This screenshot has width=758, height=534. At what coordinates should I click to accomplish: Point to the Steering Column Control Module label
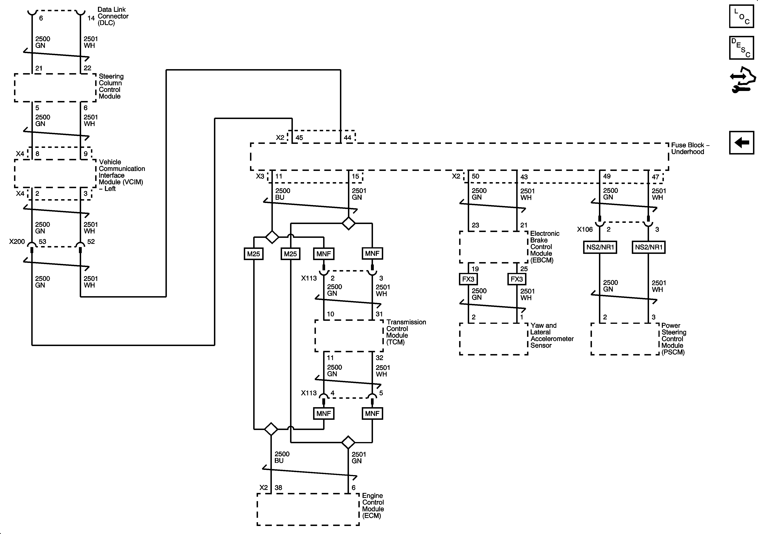(x=111, y=86)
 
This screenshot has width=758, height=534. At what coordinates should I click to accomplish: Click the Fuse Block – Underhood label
(x=690, y=148)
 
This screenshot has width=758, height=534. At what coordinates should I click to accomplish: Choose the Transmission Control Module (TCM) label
(x=406, y=332)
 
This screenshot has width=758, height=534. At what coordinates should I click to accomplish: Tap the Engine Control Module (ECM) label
(x=373, y=506)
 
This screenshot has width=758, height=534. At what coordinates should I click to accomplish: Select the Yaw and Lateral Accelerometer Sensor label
(x=552, y=335)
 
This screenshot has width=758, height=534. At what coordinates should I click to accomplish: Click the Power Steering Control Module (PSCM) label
(x=673, y=339)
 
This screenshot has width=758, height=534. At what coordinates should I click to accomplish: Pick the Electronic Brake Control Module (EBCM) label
(x=544, y=247)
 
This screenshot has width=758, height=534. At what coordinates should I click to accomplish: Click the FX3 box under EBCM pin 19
(x=468, y=279)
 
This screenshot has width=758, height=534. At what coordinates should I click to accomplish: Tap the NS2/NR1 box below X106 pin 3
(x=648, y=247)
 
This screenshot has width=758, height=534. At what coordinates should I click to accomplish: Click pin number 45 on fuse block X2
(x=299, y=138)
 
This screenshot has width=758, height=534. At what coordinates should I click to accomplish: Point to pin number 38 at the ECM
(x=278, y=488)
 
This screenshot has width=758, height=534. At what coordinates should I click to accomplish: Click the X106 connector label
(x=585, y=229)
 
